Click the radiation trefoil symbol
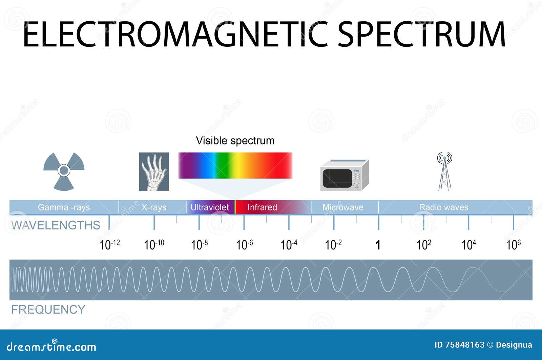point(64,171)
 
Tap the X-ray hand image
point(154,172)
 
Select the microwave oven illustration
point(345,175)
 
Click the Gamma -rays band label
point(64,207)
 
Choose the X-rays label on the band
point(154,207)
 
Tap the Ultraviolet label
point(210,207)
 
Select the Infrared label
point(262,207)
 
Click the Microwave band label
point(343,207)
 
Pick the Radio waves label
point(443,207)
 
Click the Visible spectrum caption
point(235,141)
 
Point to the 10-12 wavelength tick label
point(109,244)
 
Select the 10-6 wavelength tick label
point(244,244)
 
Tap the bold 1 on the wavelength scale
point(378,245)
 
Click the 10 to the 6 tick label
point(513,244)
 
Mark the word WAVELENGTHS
point(56,225)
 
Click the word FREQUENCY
point(48,309)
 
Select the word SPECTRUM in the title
point(421,34)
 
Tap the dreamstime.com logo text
point(51,346)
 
